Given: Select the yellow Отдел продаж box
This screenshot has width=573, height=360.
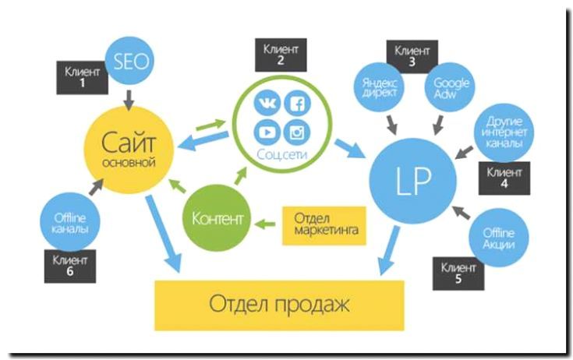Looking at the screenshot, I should (280, 304).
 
